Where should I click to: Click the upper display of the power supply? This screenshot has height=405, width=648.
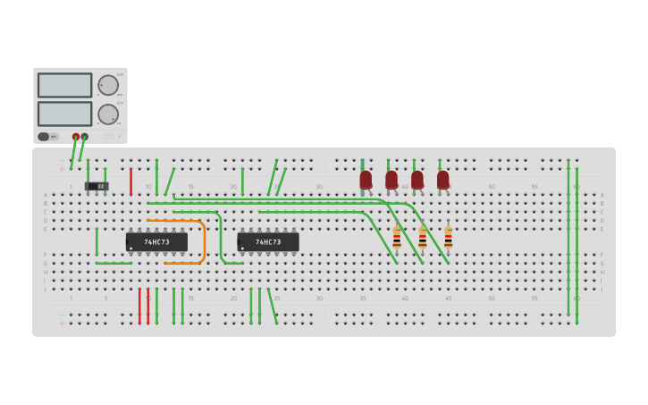click(64, 85)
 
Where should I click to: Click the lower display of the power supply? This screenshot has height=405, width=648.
click(64, 114)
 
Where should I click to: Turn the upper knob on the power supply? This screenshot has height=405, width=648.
click(108, 85)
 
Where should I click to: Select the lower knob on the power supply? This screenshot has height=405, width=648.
click(108, 114)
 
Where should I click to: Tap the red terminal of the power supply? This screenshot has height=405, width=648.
click(76, 137)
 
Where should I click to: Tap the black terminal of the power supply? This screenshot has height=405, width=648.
click(85, 137)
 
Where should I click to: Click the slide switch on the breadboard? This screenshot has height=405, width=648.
click(97, 186)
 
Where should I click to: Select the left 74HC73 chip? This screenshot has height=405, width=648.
click(156, 241)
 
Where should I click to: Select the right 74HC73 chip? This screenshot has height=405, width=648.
click(268, 241)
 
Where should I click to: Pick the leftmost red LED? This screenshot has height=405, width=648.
click(366, 180)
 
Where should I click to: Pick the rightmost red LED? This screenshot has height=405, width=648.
click(442, 180)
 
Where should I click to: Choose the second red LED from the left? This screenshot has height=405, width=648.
click(391, 180)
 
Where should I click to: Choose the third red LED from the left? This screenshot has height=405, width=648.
click(417, 180)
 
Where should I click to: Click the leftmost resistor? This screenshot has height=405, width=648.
click(397, 238)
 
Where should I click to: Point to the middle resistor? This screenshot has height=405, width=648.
click(423, 238)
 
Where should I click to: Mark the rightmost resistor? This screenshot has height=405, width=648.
click(449, 238)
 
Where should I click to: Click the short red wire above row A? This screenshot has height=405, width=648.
click(130, 181)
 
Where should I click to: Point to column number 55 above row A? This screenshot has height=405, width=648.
click(534, 187)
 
